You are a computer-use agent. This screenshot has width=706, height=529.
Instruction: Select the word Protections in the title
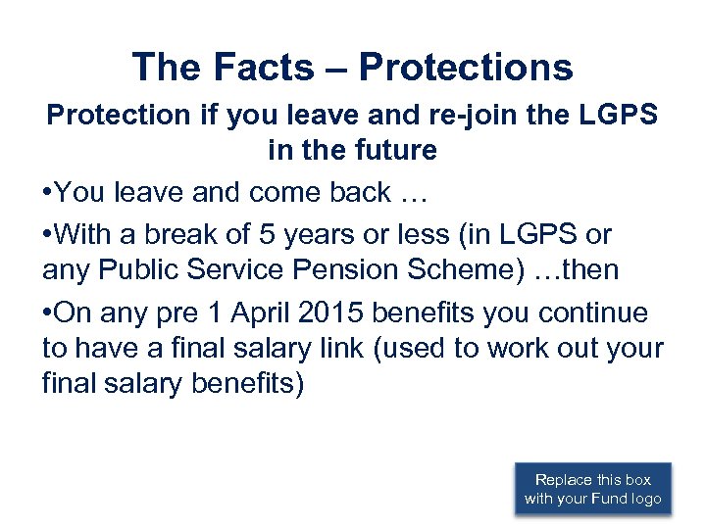pos(466,67)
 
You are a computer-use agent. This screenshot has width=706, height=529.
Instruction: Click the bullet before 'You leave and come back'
pos(48,194)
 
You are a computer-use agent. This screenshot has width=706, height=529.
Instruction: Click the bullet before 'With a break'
pos(48,235)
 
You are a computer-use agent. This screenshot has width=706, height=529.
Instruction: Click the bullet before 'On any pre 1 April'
pos(48,313)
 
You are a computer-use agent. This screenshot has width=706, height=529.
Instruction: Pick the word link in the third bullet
pos(326,349)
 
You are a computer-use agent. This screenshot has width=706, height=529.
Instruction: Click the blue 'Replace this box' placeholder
pos(593,489)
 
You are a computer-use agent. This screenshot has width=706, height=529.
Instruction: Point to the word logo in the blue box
pos(645,500)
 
